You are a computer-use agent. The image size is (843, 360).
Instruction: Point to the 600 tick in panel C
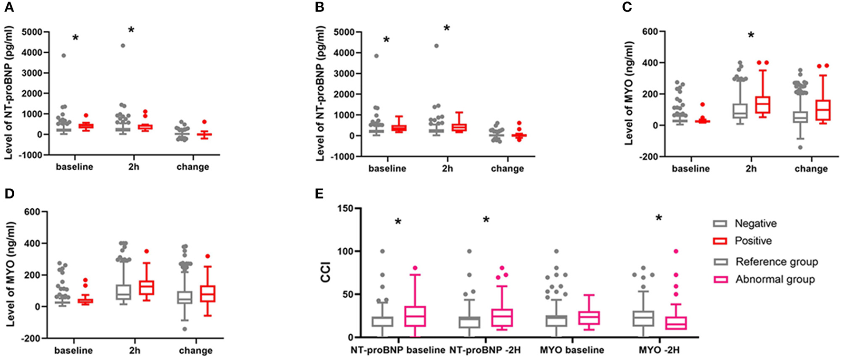coord(650,31)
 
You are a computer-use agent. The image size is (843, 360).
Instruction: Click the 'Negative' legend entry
coord(755,224)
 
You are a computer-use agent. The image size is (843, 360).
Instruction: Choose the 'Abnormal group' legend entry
coord(775,280)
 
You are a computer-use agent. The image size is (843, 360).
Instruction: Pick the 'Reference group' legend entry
coord(776,262)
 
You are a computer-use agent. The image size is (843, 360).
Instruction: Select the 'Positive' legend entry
coord(753,241)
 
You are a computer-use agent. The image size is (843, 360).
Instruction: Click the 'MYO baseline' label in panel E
coord(572,350)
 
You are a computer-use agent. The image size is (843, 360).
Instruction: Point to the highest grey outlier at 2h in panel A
coord(123,46)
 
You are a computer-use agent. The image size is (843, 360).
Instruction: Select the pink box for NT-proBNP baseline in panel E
coord(415,316)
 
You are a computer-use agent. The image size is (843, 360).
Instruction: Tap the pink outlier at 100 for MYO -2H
coord(676,251)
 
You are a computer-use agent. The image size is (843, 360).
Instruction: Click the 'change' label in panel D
coord(196,350)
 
